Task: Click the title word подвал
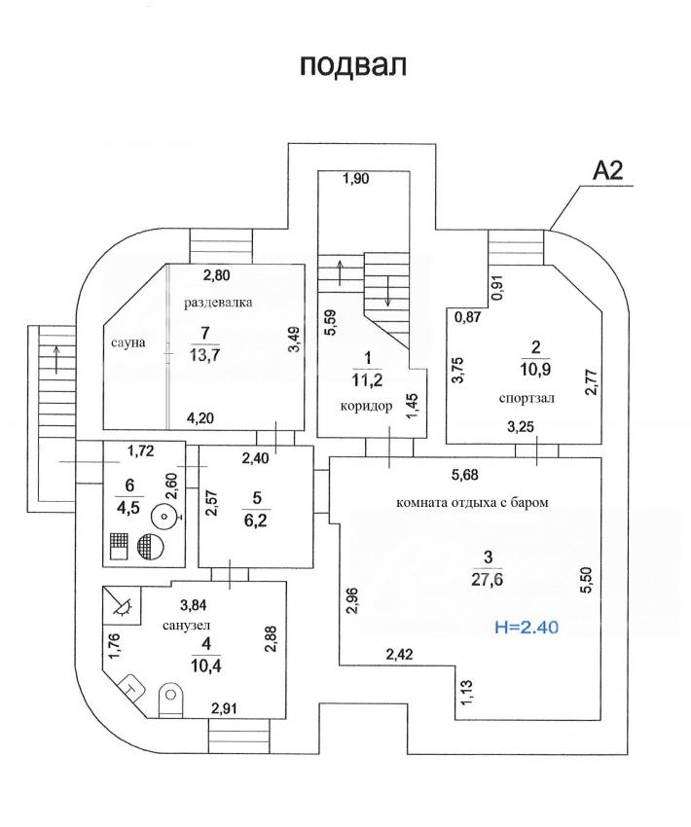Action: click(353, 66)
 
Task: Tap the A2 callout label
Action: click(607, 170)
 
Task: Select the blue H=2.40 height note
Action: click(527, 628)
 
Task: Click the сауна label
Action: click(128, 342)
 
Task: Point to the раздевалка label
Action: click(218, 303)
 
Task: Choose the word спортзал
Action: click(527, 398)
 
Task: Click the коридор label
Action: click(366, 406)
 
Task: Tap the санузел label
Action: click(186, 626)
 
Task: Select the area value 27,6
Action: click(488, 579)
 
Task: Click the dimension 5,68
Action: click(464, 475)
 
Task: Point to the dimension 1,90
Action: click(356, 178)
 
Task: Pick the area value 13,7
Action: click(204, 355)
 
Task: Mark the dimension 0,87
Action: click(468, 317)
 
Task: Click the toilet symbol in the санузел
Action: click(171, 700)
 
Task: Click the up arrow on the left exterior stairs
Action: click(55, 359)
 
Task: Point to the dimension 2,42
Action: click(399, 655)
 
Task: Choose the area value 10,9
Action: click(535, 370)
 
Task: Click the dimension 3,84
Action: click(193, 606)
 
